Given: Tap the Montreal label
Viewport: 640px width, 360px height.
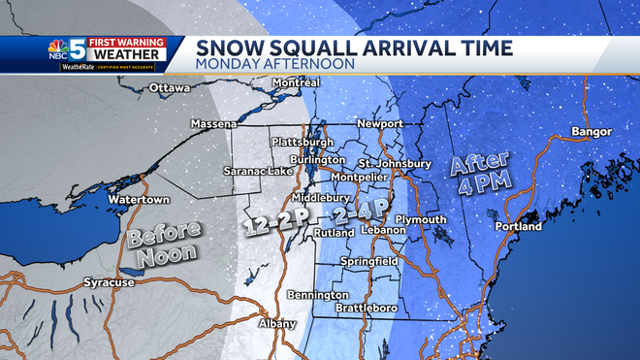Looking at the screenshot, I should [296, 82].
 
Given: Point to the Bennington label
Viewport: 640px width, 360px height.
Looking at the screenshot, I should [318, 294].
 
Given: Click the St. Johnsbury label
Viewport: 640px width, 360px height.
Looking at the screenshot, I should [395, 164].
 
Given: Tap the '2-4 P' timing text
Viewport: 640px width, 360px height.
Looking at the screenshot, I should [360, 212].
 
